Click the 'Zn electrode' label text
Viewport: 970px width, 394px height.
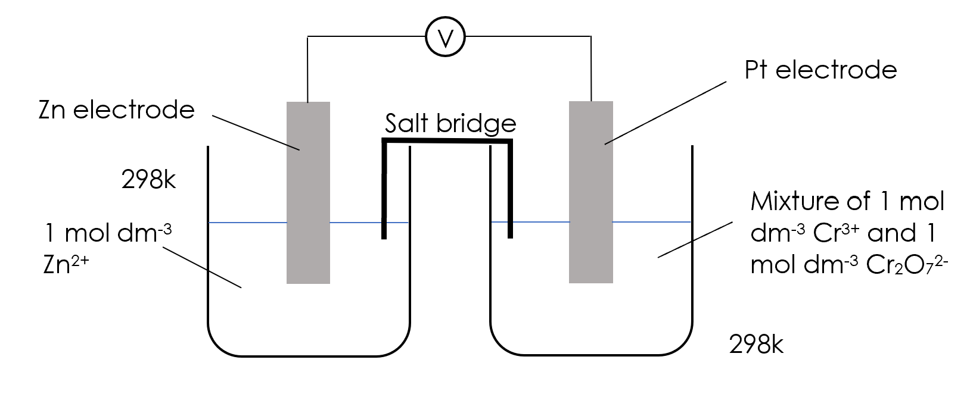[116, 110]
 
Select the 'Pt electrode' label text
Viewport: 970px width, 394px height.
[820, 70]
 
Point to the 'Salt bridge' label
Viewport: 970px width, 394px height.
[450, 123]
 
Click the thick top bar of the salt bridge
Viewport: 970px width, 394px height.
[447, 141]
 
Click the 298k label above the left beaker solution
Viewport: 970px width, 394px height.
[148, 179]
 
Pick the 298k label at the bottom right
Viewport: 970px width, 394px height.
[756, 345]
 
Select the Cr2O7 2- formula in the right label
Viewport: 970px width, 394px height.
[906, 265]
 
